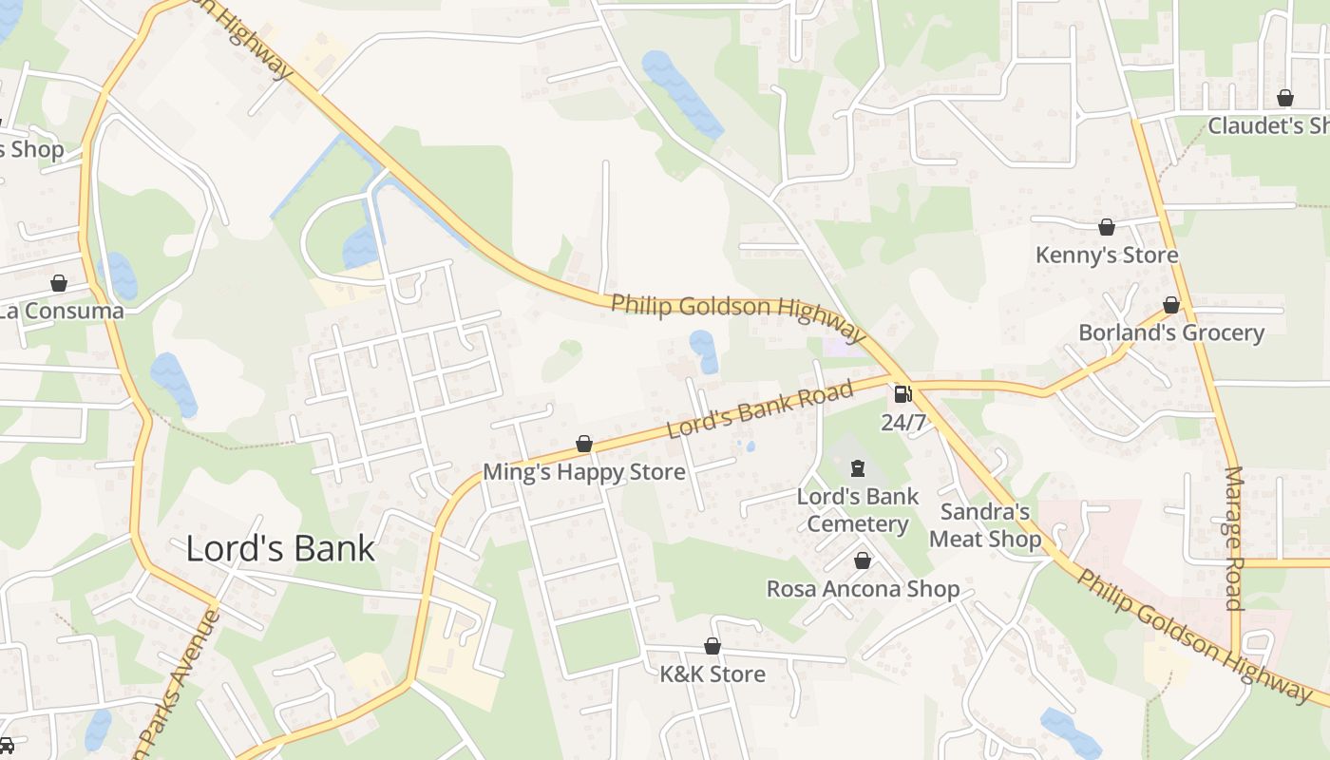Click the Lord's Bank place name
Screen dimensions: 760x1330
click(x=280, y=549)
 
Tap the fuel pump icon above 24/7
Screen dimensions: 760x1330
click(x=902, y=393)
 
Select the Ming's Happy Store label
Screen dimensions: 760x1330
click(x=583, y=472)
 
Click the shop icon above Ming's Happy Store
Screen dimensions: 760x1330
click(x=584, y=444)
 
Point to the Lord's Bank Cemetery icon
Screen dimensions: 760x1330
click(x=858, y=467)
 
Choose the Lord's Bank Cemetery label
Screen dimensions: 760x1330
click(x=858, y=510)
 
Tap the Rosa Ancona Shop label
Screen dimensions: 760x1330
click(x=863, y=589)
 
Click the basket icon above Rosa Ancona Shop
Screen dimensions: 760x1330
click(x=863, y=560)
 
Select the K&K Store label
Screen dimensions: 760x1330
click(x=712, y=674)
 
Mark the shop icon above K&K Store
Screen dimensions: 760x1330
click(x=712, y=646)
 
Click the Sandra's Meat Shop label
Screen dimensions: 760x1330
click(x=985, y=525)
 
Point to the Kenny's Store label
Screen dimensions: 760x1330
click(x=1107, y=255)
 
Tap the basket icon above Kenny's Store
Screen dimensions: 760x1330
click(x=1107, y=227)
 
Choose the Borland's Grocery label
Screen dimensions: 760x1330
click(x=1171, y=333)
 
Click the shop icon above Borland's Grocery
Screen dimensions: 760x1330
click(x=1171, y=305)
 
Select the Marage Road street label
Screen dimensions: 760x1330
click(x=1233, y=538)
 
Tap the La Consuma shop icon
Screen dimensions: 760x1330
click(x=59, y=283)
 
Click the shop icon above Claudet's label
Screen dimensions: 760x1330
click(x=1285, y=98)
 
